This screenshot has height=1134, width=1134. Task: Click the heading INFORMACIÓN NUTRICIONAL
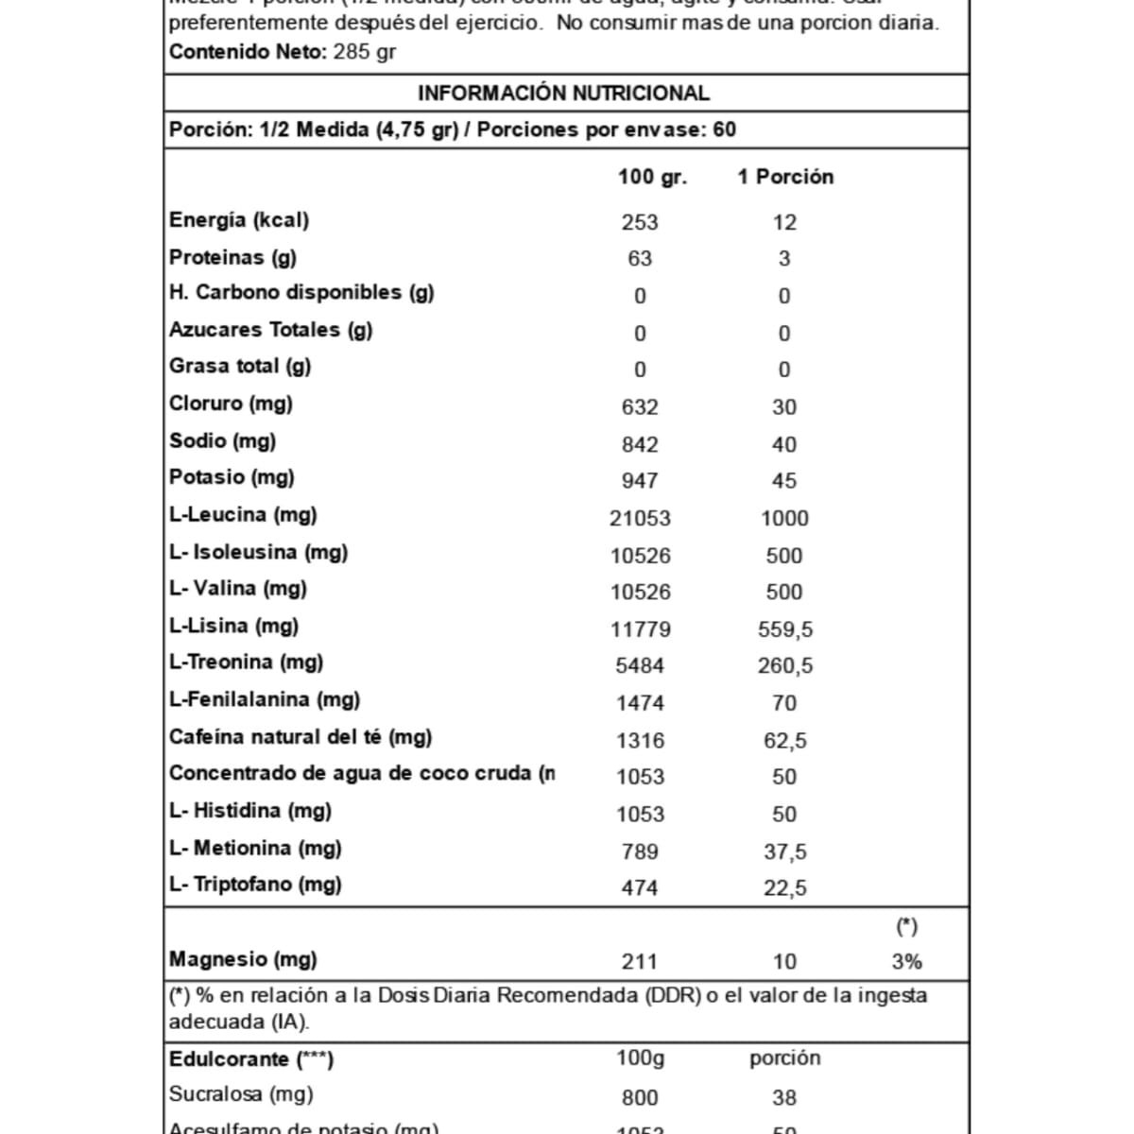click(563, 94)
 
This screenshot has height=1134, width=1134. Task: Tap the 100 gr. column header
click(652, 177)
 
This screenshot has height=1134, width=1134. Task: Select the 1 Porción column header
click(785, 177)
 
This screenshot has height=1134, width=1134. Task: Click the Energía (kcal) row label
click(239, 220)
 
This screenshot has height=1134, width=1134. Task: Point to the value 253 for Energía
click(640, 222)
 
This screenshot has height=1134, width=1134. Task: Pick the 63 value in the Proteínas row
click(640, 259)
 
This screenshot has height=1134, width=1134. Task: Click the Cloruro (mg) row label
click(231, 404)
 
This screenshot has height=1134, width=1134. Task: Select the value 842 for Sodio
click(640, 444)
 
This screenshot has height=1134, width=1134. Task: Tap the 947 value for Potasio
click(640, 481)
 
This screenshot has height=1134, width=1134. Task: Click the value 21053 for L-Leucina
click(640, 519)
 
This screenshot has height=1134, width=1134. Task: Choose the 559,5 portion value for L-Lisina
click(785, 629)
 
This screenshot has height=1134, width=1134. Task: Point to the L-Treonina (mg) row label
click(246, 662)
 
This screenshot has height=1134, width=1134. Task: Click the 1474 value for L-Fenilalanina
click(640, 703)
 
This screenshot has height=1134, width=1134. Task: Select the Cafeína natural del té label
click(301, 737)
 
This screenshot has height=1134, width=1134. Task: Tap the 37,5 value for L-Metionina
click(785, 851)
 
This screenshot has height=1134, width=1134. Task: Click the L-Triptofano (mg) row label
click(255, 885)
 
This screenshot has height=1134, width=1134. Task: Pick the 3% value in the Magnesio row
click(906, 962)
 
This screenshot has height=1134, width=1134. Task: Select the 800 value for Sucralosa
click(640, 1098)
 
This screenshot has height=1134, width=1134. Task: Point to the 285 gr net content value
click(365, 52)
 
